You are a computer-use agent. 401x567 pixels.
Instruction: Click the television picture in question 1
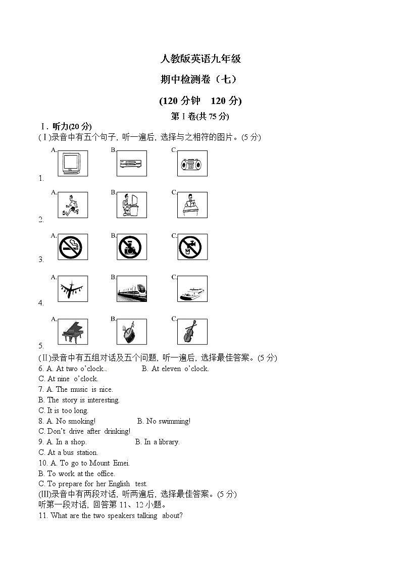tap(72, 164)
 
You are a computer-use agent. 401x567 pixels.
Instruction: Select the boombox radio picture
tap(192, 164)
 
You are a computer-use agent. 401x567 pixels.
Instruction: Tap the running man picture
tap(72, 205)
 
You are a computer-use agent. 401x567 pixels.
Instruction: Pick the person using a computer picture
tap(132, 205)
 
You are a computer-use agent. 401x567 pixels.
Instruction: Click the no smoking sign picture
tap(72, 247)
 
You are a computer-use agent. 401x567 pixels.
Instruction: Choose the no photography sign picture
tap(132, 247)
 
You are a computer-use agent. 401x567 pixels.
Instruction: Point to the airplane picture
tap(72, 289)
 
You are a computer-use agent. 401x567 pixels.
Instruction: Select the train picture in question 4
tap(132, 289)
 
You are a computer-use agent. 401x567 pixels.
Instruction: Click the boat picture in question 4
tap(192, 289)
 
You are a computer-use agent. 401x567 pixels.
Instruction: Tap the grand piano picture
tap(72, 331)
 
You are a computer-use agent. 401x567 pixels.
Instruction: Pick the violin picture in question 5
tap(192, 331)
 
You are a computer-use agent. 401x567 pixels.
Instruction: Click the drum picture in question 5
tap(132, 331)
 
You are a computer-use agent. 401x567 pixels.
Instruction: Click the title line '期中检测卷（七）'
tap(201, 79)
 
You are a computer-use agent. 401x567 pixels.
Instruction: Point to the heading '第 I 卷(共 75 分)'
tap(201, 117)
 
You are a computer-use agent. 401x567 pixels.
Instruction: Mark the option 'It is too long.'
tap(67, 410)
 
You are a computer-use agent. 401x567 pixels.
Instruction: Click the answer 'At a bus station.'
tap(72, 452)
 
